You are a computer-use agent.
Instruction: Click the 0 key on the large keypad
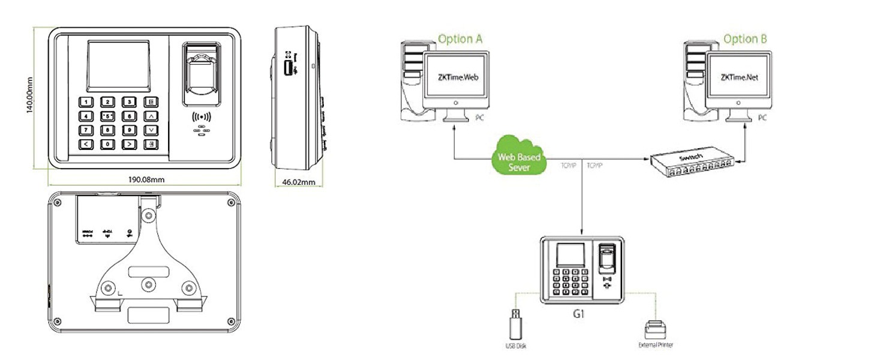(108, 143)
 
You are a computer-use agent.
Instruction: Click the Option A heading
(460, 39)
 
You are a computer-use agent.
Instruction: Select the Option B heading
(744, 39)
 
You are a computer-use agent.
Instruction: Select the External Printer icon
(654, 329)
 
